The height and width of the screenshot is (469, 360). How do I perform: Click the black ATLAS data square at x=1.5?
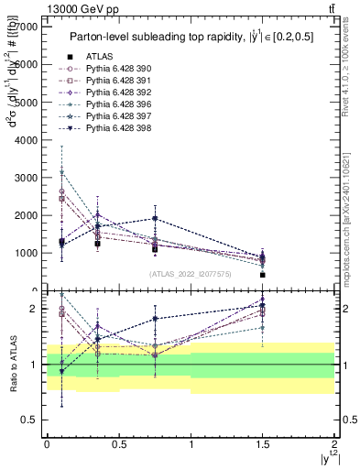(263, 275)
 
